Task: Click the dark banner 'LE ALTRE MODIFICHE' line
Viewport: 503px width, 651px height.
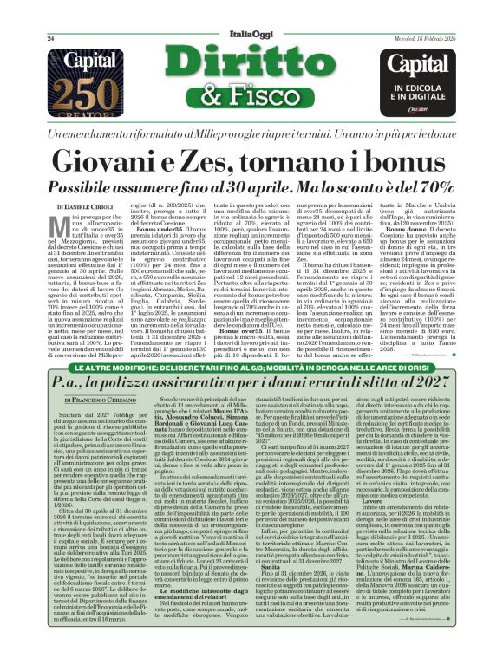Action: [251, 370]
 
